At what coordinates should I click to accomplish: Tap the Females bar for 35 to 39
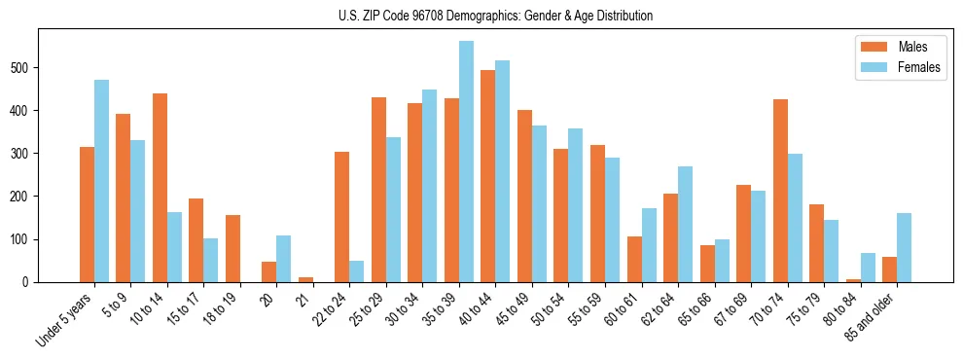pos(466,162)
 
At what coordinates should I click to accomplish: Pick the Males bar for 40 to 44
pos(488,176)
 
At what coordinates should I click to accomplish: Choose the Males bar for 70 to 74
pos(780,191)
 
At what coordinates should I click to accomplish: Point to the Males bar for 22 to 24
pos(342,217)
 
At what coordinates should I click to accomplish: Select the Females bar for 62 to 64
pos(685,224)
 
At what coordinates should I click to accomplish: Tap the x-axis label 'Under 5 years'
pos(65,319)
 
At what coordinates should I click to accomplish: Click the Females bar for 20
pos(284,259)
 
